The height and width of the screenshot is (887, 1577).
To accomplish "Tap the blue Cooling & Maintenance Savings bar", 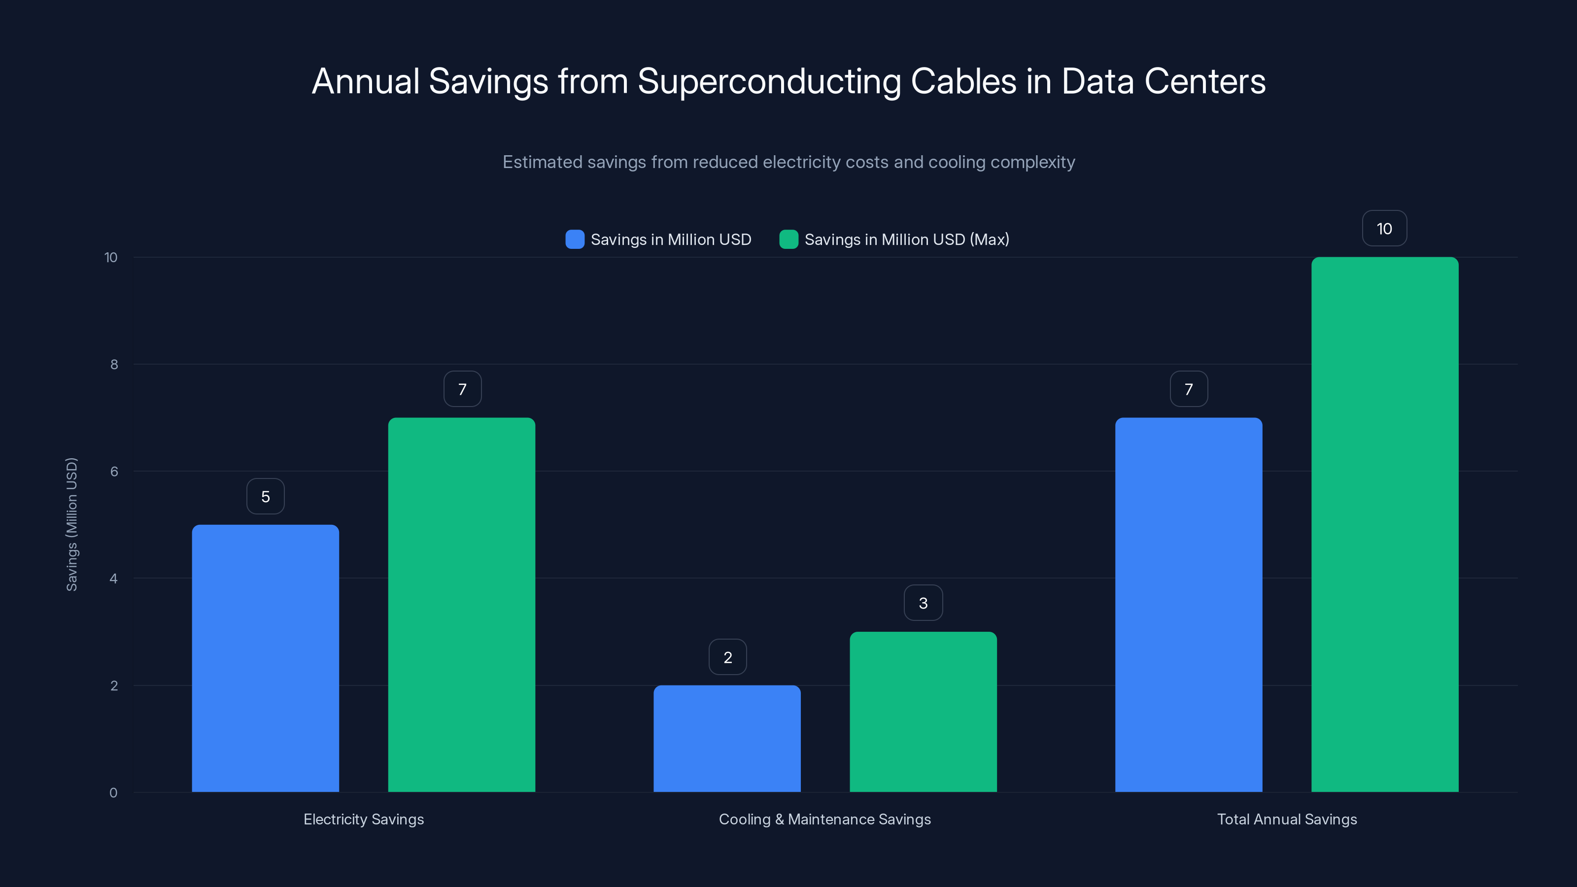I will tap(727, 738).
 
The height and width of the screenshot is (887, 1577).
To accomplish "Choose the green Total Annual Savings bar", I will tap(1385, 525).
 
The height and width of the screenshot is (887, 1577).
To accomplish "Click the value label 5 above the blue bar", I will tap(265, 496).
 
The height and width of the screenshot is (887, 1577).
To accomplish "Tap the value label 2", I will tap(727, 657).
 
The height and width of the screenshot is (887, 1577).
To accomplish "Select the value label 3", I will tap(923, 603).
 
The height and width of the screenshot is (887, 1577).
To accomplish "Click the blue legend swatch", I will tap(574, 239).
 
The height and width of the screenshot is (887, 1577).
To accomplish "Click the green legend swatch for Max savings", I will tap(788, 239).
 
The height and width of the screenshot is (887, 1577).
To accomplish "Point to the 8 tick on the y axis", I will tap(114, 365).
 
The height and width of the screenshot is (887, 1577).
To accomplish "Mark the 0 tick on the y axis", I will tap(113, 793).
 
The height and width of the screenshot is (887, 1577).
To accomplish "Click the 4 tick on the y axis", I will tap(113, 579).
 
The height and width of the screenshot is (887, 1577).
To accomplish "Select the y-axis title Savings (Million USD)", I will tap(71, 525).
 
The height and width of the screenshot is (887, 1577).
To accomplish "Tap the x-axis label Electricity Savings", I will tap(364, 819).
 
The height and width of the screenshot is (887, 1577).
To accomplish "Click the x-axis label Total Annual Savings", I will tap(1287, 819).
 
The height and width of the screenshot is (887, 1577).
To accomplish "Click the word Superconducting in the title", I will tap(769, 82).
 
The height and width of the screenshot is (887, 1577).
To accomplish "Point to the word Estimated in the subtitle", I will tap(542, 162).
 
